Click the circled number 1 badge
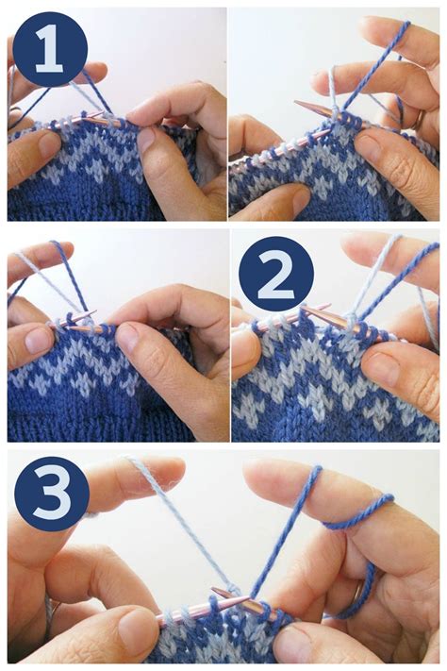coord(50,49)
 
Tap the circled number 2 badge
coord(275,275)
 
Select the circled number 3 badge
coord(49,495)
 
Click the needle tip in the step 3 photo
coord(216,592)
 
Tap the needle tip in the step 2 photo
coord(304,309)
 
